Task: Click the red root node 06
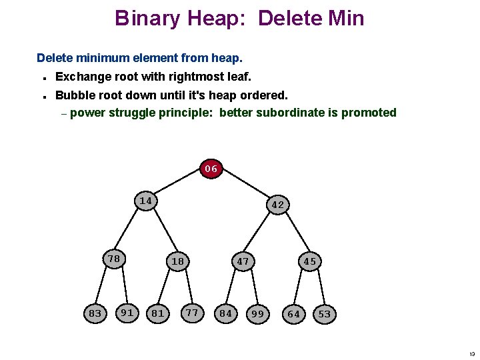point(211,169)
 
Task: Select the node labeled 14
point(146,201)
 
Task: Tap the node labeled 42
point(278,205)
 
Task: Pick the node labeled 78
point(114,259)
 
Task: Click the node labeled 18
point(177,261)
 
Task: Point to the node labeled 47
point(243,261)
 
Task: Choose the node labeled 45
point(310,261)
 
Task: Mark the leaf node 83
point(95,313)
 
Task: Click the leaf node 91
point(127,311)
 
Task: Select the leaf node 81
point(158,313)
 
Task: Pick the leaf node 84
point(226,313)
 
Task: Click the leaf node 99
point(257,314)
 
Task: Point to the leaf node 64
point(293,314)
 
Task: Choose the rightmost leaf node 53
point(325,314)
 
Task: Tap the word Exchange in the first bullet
point(83,77)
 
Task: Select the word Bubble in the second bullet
point(75,95)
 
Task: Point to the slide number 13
point(472,353)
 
